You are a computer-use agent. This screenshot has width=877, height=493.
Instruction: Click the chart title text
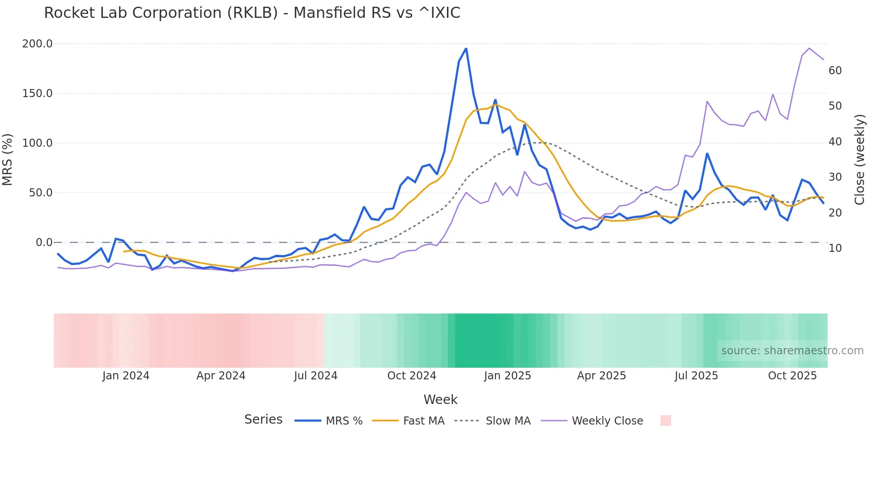coord(252,13)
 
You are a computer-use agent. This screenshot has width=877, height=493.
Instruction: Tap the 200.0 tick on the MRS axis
coord(37,44)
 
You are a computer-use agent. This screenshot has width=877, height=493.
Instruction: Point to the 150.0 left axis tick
coord(37,93)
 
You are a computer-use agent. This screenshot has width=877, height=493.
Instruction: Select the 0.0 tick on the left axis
coord(44,242)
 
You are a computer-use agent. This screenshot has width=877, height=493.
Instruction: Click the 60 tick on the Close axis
coord(835,71)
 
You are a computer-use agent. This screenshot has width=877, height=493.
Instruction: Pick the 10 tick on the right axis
coord(835,248)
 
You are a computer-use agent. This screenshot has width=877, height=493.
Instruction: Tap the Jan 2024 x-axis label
coord(126,376)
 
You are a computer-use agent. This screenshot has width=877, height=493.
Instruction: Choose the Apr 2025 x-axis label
coord(601,376)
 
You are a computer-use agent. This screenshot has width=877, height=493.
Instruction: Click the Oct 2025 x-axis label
coord(792,376)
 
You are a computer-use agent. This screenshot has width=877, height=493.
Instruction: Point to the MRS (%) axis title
coord(8,159)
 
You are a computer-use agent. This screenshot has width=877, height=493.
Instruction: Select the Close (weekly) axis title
coord(859,160)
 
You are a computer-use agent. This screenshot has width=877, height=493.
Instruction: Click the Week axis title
coord(440,399)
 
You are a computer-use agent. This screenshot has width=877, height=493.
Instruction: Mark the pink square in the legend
coord(665,421)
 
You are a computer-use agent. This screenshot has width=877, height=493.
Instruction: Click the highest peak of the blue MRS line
coord(466,49)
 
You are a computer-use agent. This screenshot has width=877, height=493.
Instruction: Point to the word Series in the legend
coord(263,420)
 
